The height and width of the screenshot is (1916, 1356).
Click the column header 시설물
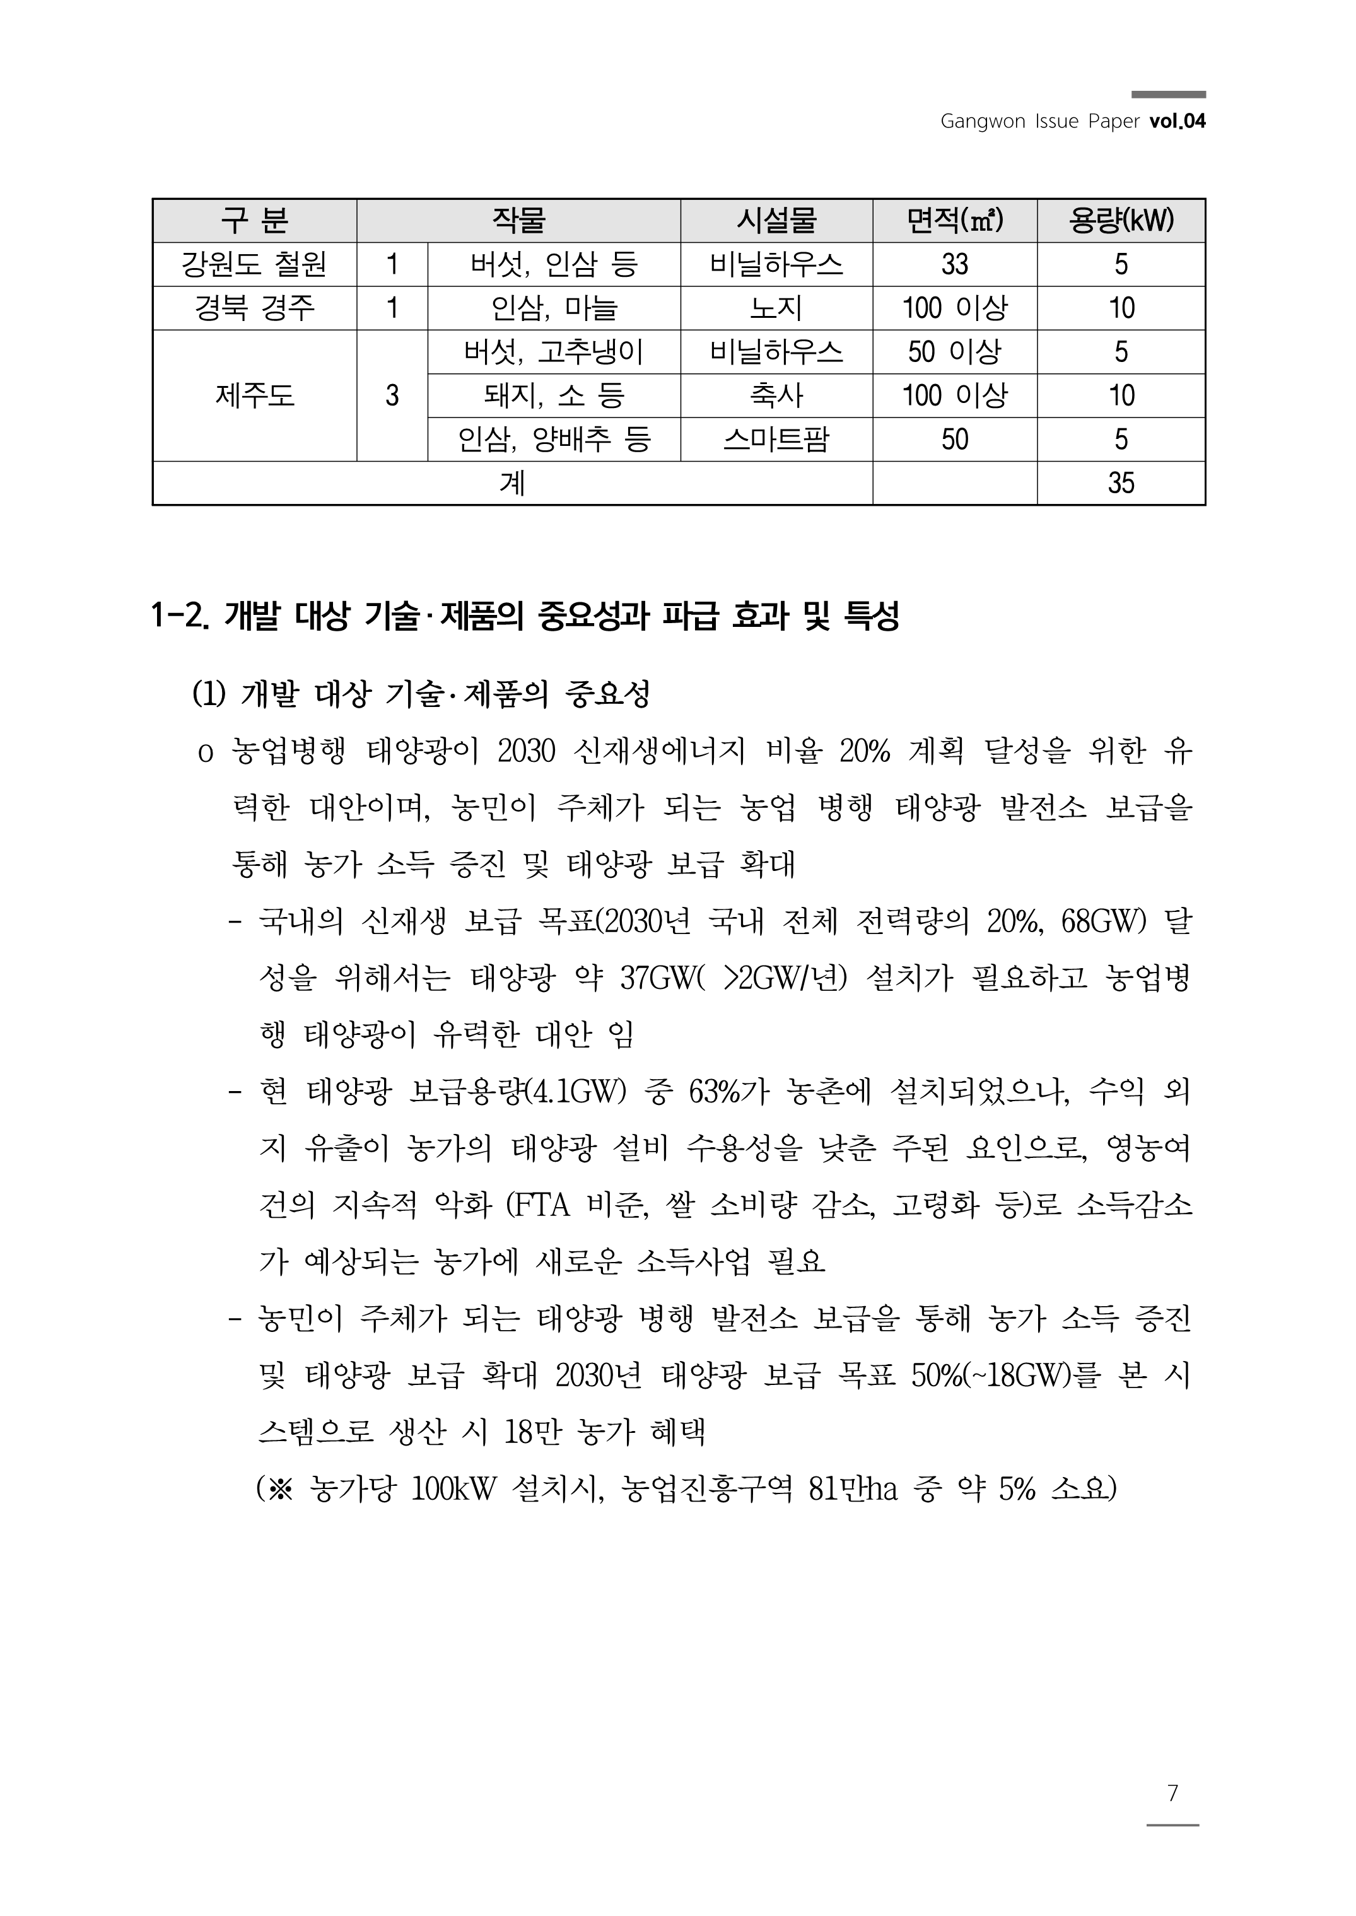point(776,220)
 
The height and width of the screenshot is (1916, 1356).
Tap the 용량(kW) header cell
point(1121,220)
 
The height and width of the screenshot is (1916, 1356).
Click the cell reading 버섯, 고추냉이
point(554,351)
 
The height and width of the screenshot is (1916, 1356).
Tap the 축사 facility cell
point(776,395)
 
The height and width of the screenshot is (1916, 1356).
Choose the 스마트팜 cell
point(776,439)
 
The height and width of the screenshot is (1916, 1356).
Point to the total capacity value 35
point(1121,482)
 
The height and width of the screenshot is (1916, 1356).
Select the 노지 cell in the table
point(776,308)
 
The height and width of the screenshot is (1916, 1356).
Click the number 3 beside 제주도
point(392,395)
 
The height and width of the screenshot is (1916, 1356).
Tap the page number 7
point(1172,1792)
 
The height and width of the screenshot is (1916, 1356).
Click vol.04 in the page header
point(1178,121)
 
